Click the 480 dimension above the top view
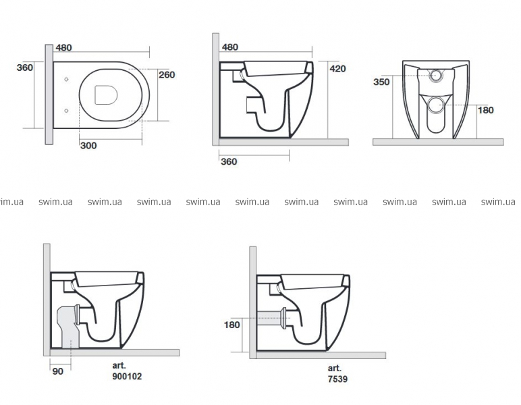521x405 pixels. pos(64,48)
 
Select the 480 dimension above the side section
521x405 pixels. pos(230,47)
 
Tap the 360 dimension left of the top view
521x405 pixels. pos(25,67)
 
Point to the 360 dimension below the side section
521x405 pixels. pos(229,162)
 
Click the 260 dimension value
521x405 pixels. pos(167,75)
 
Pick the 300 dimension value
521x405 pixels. pos(88,146)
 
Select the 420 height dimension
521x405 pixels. pos(337,69)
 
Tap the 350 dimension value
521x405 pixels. pos(381,82)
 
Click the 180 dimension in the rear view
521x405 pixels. pos(485,110)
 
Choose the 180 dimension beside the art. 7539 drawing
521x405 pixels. pos(232,325)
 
